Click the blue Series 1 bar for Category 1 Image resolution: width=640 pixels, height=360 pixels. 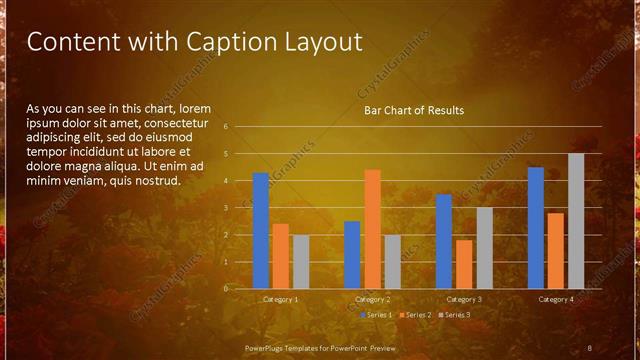tap(261, 230)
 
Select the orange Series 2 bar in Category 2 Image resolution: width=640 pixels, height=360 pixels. tap(372, 228)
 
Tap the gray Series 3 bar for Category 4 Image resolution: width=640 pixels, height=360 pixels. tap(576, 220)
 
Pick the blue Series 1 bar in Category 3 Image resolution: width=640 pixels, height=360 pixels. tap(444, 241)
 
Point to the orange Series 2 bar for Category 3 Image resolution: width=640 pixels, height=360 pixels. tap(464, 264)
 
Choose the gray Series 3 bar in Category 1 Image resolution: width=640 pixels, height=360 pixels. tap(301, 261)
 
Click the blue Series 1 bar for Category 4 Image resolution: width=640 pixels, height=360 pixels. tap(536, 227)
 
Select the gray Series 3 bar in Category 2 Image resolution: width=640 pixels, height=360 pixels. tap(392, 261)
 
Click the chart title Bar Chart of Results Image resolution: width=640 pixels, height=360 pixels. tap(413, 110)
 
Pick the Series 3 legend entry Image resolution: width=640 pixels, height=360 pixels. tap(456, 315)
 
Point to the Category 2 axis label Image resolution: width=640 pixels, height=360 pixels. tap(372, 299)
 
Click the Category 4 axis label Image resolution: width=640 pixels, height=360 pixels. tap(556, 299)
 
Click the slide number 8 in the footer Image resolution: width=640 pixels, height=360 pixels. tap(589, 347)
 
